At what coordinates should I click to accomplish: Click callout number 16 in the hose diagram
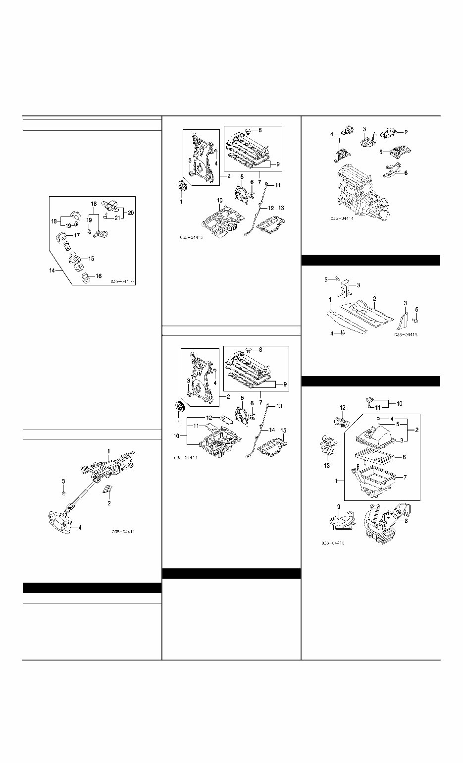[x=99, y=276]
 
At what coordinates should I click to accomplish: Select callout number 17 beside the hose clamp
[x=77, y=235]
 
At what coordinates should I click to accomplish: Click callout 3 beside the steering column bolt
[x=63, y=481]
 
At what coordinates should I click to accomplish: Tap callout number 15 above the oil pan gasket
[x=284, y=430]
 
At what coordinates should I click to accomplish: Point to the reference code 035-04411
[x=123, y=532]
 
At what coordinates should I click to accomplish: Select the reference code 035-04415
[x=406, y=335]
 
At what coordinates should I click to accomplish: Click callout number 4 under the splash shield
[x=332, y=333]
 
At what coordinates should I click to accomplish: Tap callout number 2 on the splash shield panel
[x=375, y=299]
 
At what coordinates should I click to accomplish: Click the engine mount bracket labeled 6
[x=393, y=172]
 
